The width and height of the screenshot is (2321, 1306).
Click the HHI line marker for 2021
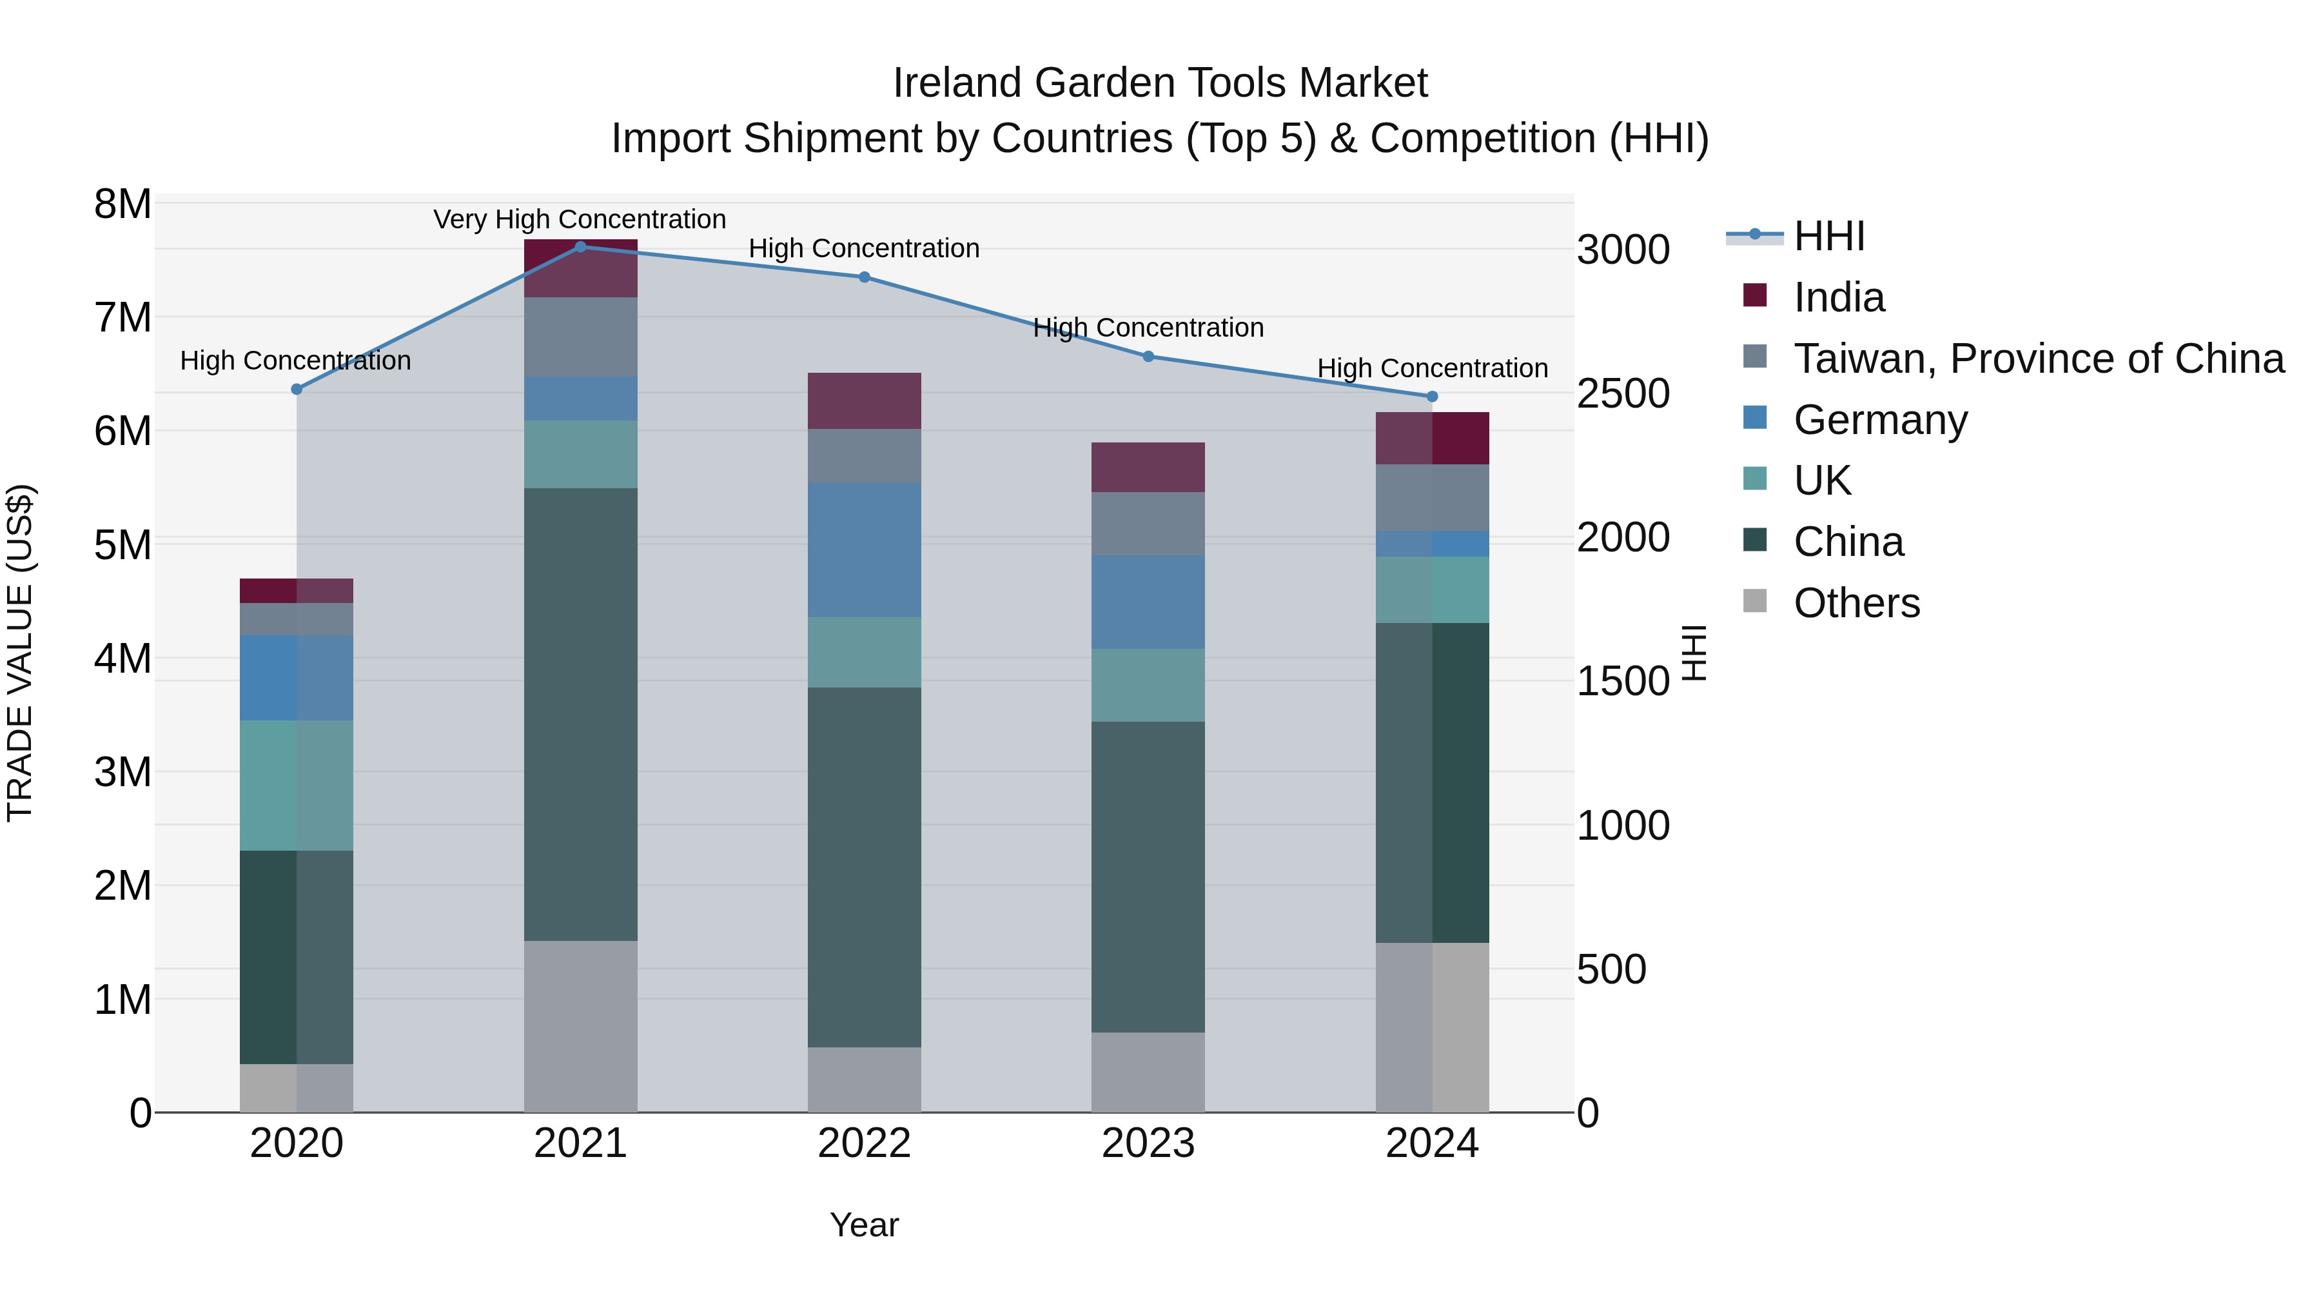coord(580,247)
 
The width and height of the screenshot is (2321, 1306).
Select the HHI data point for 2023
coord(1148,357)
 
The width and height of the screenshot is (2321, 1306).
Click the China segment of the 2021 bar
coord(580,714)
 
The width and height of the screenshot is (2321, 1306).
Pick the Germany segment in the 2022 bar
coord(864,549)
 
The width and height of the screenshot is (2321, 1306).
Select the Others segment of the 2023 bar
coord(1148,1072)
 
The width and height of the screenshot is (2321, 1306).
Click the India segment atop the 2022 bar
coord(864,401)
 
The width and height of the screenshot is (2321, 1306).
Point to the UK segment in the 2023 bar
coord(1148,685)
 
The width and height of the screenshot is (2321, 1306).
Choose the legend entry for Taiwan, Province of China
coord(2038,359)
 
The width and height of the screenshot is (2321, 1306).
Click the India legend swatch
coord(1755,295)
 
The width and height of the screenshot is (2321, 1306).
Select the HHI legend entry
coord(1829,236)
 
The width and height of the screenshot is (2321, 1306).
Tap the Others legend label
coord(1856,603)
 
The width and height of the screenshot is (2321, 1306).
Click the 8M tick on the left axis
coord(122,204)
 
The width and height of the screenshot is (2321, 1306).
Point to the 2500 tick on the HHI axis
coord(1623,394)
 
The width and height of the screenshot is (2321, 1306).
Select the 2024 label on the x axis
coord(1432,1143)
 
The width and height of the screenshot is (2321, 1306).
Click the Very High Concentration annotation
coord(580,219)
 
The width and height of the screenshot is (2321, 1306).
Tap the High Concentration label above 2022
coord(863,249)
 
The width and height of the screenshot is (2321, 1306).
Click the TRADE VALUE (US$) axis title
coord(21,653)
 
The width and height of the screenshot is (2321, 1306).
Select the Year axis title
coord(863,1225)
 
